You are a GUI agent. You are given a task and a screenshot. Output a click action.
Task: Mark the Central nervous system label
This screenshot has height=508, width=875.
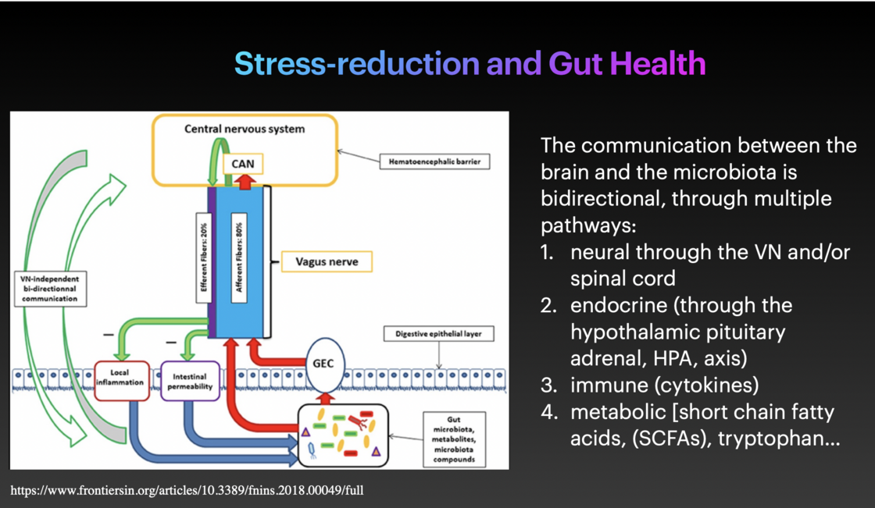(x=245, y=129)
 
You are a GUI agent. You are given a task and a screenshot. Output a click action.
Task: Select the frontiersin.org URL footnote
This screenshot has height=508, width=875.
(x=187, y=491)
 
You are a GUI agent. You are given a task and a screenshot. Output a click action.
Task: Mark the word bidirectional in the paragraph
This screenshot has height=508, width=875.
(x=600, y=198)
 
